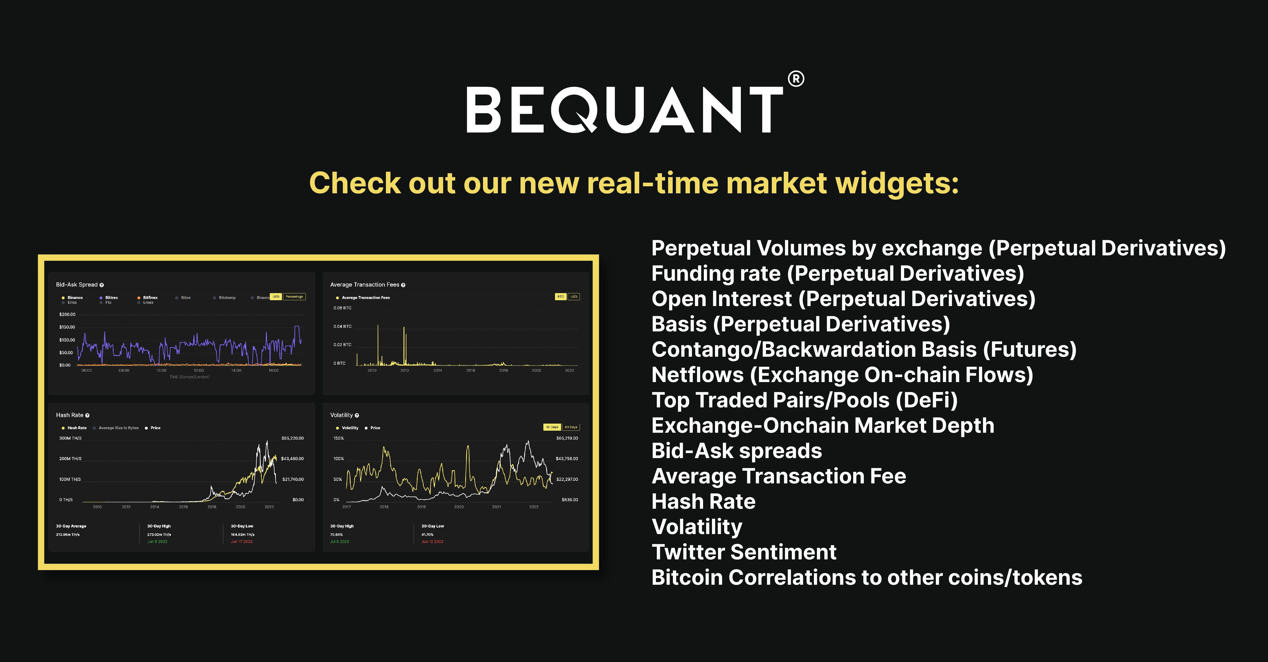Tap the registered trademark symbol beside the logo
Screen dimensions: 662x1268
[x=796, y=79]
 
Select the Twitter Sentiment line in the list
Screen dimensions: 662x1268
[x=743, y=552]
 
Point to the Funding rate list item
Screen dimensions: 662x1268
[x=837, y=273]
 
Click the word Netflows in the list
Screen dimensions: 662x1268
[x=697, y=375]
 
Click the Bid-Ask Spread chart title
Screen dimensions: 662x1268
[x=77, y=285]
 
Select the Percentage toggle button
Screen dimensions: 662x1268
[x=294, y=297]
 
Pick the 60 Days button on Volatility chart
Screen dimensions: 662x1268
[x=571, y=427]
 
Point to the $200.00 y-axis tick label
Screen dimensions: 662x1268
[x=67, y=314]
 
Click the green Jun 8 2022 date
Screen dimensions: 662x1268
[x=157, y=541]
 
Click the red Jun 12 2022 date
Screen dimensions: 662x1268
[x=432, y=541]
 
